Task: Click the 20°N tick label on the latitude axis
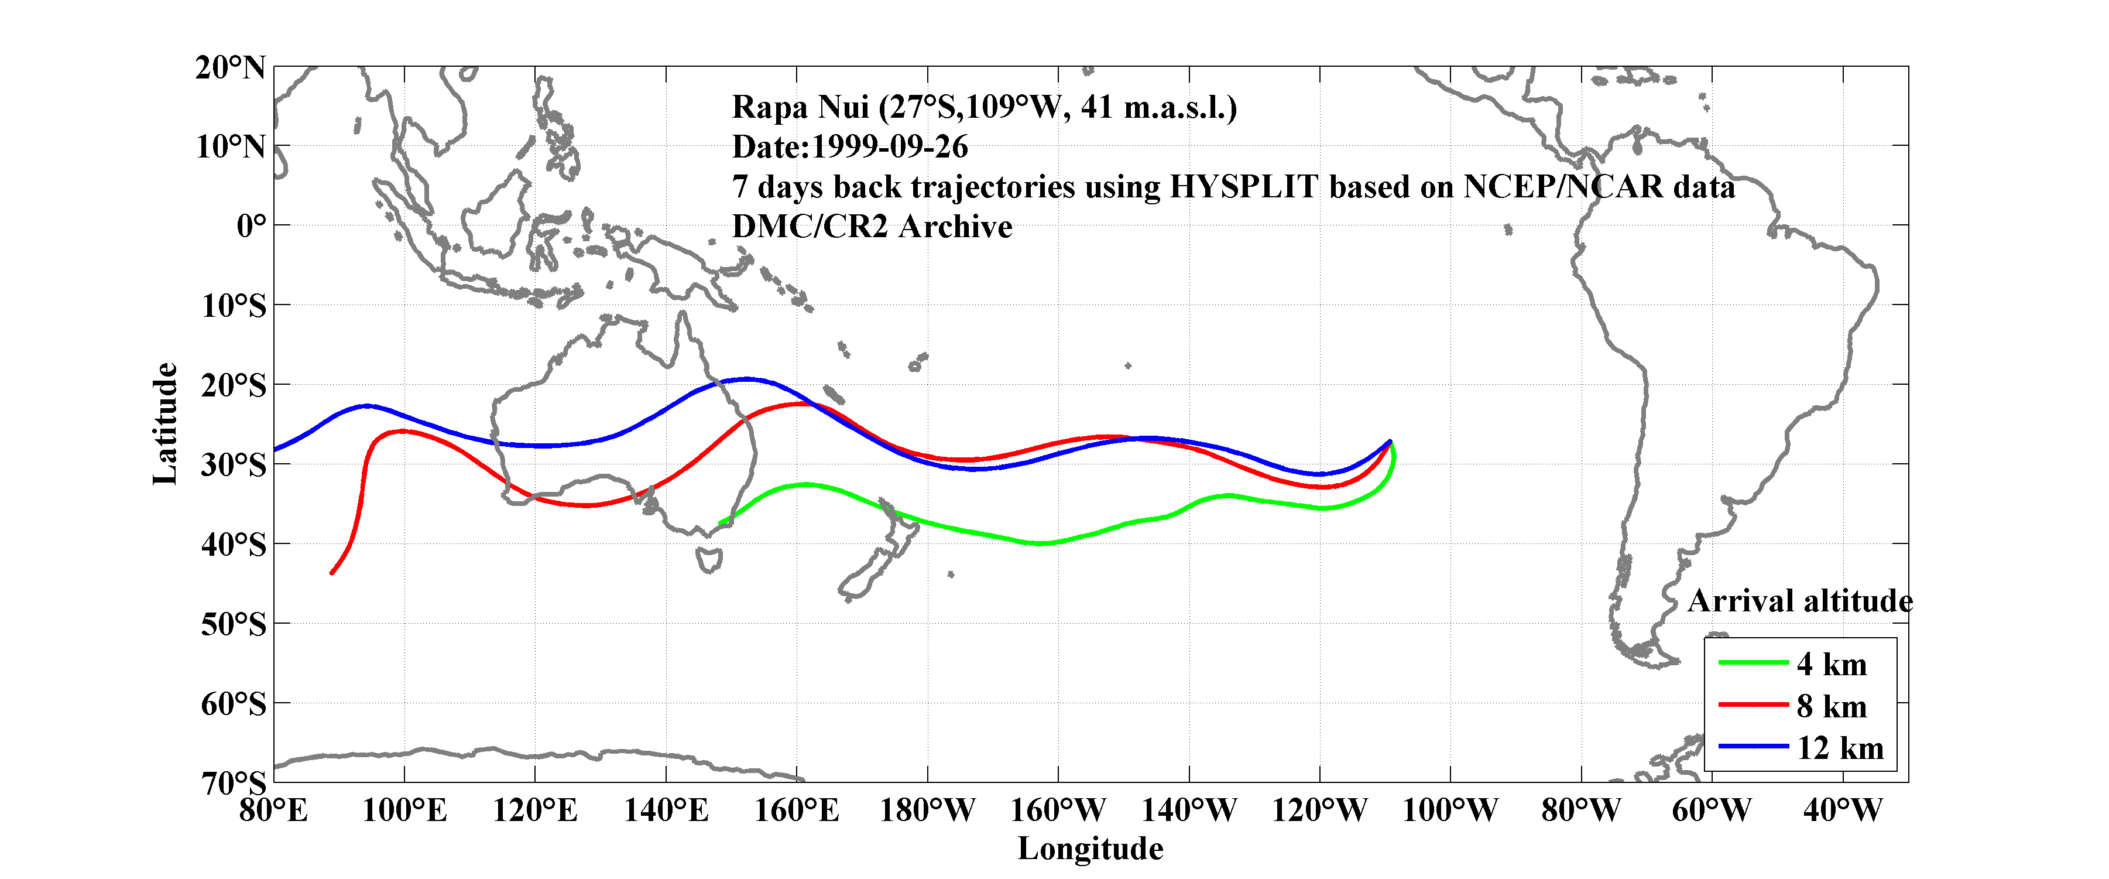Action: [230, 67]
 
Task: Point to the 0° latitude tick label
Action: [251, 225]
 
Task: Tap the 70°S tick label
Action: [234, 783]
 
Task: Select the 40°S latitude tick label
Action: [234, 544]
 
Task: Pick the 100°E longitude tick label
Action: [404, 811]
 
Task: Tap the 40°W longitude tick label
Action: [1842, 811]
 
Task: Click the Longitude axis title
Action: [1090, 849]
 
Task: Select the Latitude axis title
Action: [166, 423]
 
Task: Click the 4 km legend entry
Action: [1832, 664]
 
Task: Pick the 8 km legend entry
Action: [1832, 706]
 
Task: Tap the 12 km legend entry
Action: [1840, 748]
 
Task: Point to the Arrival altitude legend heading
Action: [1799, 601]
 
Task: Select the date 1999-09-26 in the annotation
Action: [889, 148]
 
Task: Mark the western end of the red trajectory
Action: [331, 573]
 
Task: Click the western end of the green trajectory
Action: [719, 522]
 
